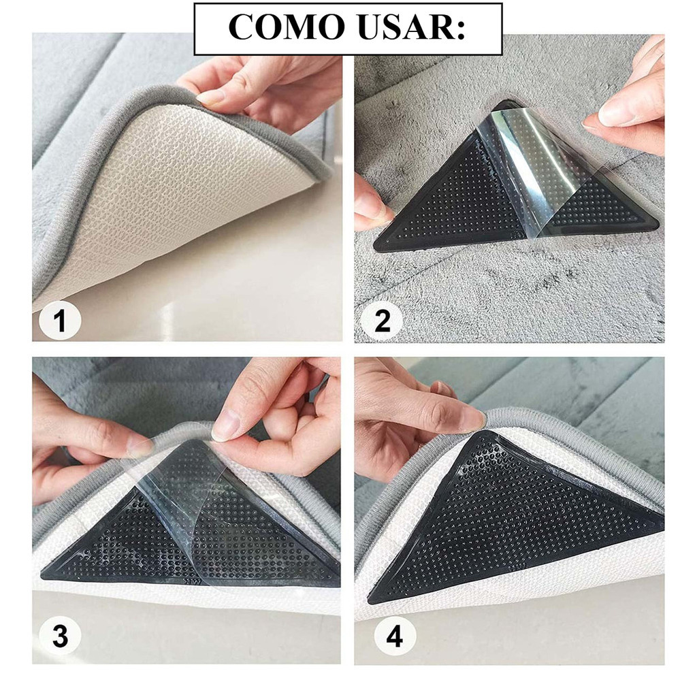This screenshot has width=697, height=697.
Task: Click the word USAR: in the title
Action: click(412, 27)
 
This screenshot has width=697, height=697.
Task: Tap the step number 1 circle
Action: click(60, 320)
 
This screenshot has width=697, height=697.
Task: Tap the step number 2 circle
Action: click(382, 320)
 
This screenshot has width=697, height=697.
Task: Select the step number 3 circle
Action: click(60, 636)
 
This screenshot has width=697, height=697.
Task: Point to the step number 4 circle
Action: click(395, 636)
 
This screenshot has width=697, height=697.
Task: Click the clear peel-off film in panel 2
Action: click(538, 169)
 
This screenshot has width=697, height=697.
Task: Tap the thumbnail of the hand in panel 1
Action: click(210, 97)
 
